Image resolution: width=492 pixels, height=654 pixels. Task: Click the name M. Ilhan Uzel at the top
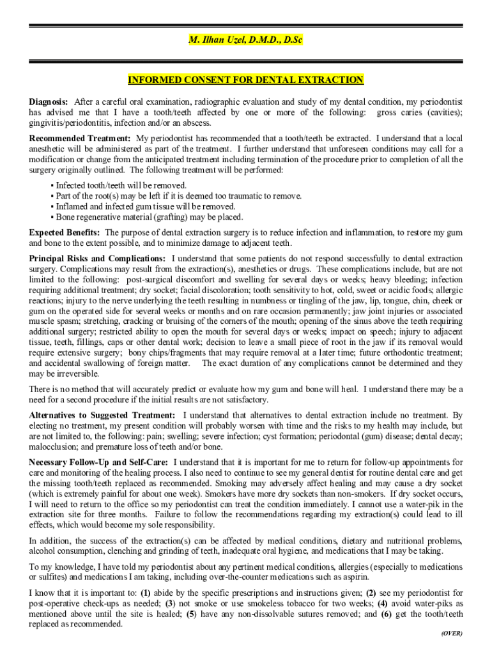245,40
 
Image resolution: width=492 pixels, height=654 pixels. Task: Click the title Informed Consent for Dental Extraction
245,80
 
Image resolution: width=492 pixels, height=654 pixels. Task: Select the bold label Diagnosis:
49,102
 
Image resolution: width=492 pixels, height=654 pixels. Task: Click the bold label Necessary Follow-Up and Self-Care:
99,462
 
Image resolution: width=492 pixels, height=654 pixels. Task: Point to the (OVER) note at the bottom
451,633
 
